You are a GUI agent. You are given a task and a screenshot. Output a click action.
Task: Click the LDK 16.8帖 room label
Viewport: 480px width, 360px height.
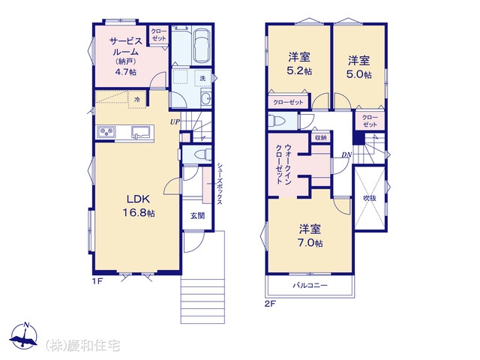tap(138, 205)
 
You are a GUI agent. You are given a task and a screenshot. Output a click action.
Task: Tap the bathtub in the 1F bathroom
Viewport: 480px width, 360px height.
tap(202, 46)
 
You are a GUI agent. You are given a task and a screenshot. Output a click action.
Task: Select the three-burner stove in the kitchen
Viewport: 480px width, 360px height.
tap(106, 132)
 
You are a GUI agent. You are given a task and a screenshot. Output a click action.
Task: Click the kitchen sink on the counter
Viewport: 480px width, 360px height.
tap(139, 132)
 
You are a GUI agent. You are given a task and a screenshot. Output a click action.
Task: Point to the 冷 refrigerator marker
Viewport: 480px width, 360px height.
tap(137, 100)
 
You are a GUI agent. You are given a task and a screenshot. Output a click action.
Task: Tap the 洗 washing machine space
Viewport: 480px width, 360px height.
tap(202, 78)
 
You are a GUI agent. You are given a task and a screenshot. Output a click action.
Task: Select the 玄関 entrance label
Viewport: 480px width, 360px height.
tap(197, 216)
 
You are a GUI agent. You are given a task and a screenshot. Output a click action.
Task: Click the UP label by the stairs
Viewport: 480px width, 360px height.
tap(175, 121)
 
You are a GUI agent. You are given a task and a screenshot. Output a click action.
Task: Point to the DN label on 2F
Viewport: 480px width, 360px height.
tap(346, 155)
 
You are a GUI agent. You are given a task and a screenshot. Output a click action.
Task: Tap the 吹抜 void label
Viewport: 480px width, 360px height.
tap(370, 198)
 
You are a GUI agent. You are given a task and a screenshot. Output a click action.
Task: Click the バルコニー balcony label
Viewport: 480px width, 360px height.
tap(310, 286)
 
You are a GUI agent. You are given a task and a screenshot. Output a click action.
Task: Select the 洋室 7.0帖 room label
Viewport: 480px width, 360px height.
tap(310, 235)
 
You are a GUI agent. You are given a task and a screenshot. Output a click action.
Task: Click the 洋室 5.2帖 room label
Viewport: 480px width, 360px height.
tap(299, 64)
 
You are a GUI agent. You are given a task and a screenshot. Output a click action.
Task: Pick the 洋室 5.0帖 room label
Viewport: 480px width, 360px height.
tap(358, 67)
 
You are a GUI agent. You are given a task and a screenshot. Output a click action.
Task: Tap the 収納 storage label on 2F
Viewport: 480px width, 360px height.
tap(320, 138)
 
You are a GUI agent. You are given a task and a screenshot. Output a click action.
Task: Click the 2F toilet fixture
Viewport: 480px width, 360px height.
tap(276, 121)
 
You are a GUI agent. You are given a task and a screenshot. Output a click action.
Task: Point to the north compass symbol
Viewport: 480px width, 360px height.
tap(23, 335)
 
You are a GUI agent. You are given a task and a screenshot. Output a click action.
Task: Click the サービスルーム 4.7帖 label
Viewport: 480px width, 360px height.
tap(126, 56)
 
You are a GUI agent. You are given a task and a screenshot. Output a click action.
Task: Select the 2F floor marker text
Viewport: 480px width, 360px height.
tap(270, 304)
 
